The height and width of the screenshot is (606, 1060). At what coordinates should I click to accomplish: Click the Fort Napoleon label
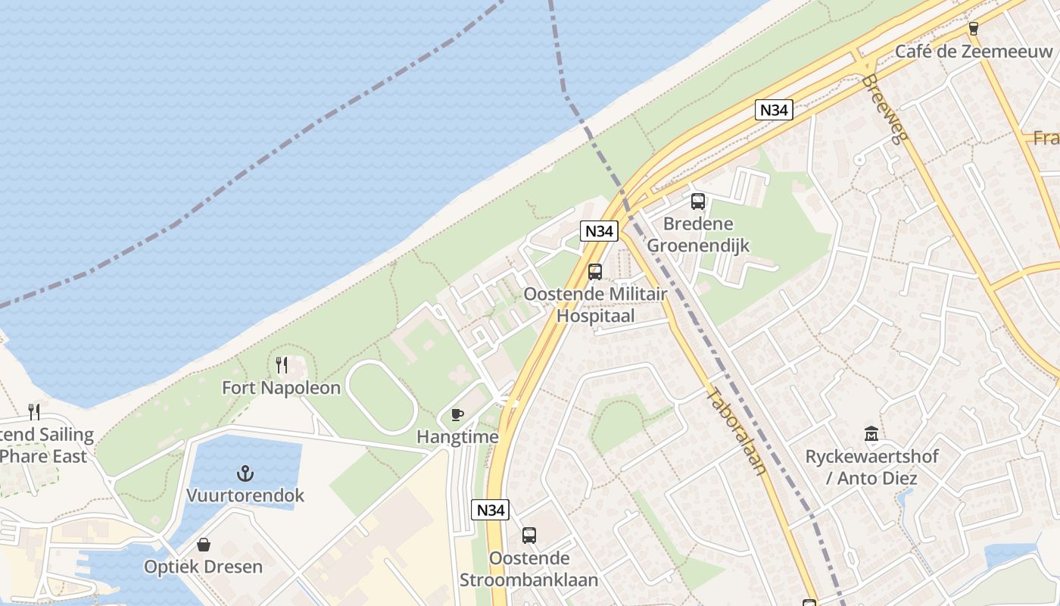coord(281,388)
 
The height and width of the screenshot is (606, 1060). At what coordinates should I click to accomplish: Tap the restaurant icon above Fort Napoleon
coord(282,365)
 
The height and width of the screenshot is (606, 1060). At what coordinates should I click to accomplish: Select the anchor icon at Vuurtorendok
coord(245,474)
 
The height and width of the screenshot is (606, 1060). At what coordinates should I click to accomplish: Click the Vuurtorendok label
coord(245,495)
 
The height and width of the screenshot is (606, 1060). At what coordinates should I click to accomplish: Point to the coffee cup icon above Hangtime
coord(457,414)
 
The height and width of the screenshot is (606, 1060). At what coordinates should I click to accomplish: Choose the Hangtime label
coord(457,437)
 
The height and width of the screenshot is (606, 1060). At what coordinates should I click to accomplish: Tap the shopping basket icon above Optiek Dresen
coord(203,545)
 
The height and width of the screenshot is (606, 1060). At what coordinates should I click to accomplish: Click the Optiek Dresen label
coord(204,567)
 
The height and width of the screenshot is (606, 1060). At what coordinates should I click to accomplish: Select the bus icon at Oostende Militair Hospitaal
coord(595,271)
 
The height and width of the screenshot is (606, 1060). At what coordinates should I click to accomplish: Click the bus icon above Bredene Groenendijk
coord(698,201)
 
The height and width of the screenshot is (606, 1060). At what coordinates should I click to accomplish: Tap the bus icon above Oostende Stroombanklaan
coord(528,536)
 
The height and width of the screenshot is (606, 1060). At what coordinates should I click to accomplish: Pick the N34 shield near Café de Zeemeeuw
coord(774,110)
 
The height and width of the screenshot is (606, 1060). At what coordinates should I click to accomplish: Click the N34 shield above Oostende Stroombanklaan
coord(489,510)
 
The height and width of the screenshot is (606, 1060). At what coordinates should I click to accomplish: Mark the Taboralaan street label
coord(736,430)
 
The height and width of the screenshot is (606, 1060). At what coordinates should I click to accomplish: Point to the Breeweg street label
coord(884,107)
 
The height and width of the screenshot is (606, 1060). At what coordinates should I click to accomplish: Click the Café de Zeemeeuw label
coord(974,52)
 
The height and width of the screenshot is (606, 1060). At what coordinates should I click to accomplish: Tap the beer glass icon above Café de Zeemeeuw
coord(974,29)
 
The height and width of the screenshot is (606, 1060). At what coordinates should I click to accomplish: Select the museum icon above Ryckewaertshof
coord(871,434)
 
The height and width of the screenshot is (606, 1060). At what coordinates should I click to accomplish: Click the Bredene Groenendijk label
coord(698,235)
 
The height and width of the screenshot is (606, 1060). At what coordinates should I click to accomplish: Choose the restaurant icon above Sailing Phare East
coord(33,411)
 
